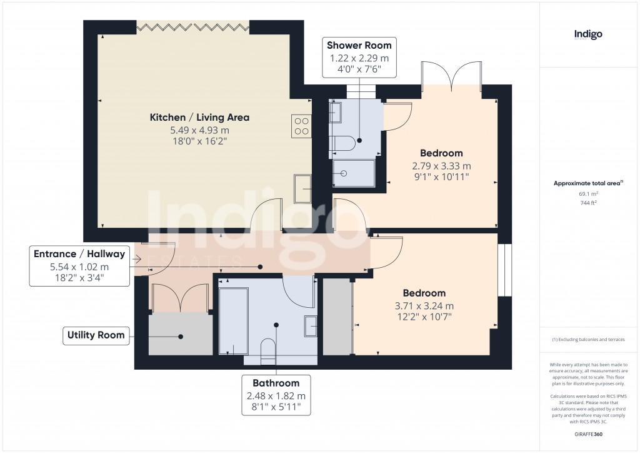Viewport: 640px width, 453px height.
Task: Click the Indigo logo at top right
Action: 588,35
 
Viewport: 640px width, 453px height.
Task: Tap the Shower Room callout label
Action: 359,45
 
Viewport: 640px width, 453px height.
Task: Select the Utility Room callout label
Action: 96,335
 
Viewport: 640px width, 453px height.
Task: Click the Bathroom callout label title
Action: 276,383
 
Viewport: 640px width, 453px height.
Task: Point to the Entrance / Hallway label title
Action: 79,254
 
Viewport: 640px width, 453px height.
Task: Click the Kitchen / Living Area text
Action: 199,118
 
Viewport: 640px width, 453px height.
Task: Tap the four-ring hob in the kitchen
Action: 301,126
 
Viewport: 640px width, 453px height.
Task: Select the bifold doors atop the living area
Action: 192,26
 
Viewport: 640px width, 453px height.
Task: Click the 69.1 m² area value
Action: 587,194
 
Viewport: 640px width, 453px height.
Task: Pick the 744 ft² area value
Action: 587,203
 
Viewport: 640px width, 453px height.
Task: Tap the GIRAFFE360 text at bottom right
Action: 587,433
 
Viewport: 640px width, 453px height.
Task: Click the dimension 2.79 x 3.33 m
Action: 441,166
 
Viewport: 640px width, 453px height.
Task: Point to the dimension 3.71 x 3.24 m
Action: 424,306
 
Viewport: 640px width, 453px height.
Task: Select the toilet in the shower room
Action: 341,143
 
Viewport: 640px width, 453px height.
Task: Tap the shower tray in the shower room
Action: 354,173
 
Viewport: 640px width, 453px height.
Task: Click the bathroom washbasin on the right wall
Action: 310,327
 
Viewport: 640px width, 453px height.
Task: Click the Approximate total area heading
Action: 587,183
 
